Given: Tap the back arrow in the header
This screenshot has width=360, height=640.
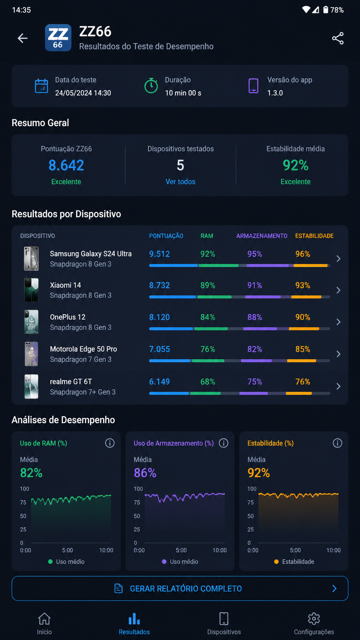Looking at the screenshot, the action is pyautogui.click(x=23, y=38).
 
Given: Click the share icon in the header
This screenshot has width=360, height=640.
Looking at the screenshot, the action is pyautogui.click(x=338, y=38).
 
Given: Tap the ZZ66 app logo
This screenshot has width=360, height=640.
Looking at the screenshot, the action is pyautogui.click(x=58, y=38).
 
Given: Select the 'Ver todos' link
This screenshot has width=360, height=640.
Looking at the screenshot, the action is pyautogui.click(x=181, y=182).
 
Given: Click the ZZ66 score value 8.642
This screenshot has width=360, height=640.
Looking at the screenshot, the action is pyautogui.click(x=66, y=165).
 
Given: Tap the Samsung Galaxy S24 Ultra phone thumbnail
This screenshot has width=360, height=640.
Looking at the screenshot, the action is pyautogui.click(x=31, y=259).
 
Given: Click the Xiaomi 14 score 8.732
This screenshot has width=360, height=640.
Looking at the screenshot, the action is pyautogui.click(x=159, y=285).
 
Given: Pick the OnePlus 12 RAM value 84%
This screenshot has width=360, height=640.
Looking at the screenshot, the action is pyautogui.click(x=208, y=317).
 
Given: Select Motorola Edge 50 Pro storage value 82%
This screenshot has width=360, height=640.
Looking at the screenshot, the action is pyautogui.click(x=255, y=349).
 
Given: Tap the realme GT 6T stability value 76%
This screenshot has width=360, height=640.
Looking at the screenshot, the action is pyautogui.click(x=303, y=382).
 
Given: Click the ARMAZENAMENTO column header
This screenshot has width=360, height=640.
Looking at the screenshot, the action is pyautogui.click(x=262, y=236).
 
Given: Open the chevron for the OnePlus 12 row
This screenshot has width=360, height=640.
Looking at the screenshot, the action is pyautogui.click(x=339, y=322).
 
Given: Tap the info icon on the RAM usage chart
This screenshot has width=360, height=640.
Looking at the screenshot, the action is pyautogui.click(x=110, y=443).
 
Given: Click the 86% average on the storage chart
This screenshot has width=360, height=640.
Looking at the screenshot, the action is pyautogui.click(x=145, y=473).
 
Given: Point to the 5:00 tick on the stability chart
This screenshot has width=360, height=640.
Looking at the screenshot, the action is pyautogui.click(x=295, y=550).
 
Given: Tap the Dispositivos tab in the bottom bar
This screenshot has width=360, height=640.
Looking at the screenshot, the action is pyautogui.click(x=224, y=623).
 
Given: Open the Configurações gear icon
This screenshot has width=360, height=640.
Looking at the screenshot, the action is pyautogui.click(x=314, y=619).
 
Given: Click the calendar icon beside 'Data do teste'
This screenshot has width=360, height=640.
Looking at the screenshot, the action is pyautogui.click(x=41, y=86).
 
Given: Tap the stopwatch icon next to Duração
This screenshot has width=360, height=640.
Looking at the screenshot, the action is pyautogui.click(x=151, y=85).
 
